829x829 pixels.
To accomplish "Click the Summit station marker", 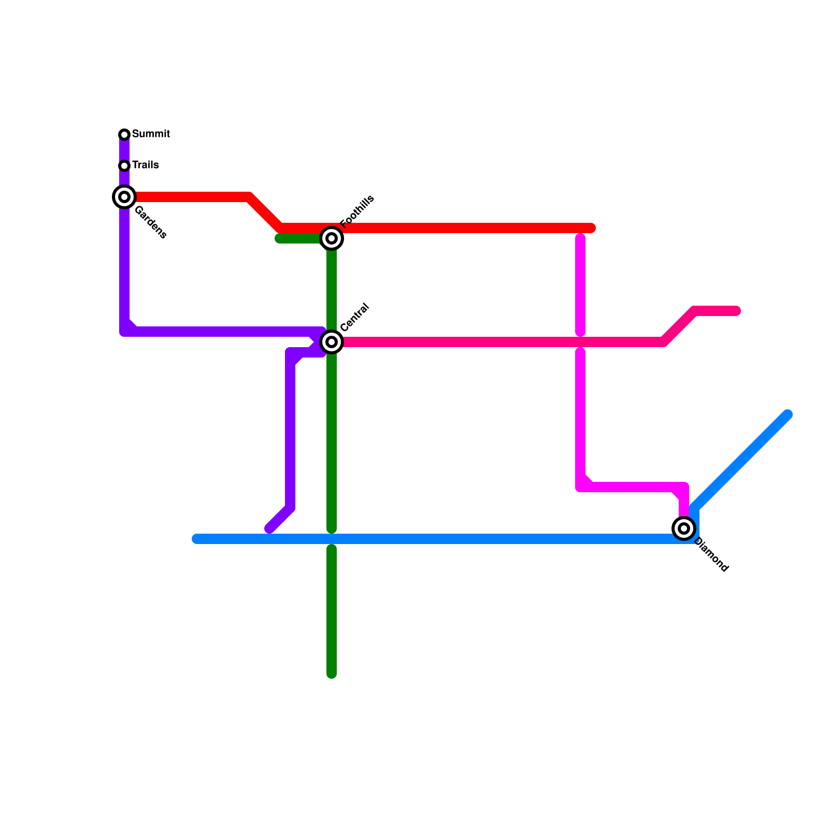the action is point(124,135).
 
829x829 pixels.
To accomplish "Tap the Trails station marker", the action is point(124,166).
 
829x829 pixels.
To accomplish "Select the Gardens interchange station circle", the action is point(124,197).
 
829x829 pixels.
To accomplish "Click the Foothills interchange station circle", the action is point(332,238).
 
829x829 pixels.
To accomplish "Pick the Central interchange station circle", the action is point(332,342).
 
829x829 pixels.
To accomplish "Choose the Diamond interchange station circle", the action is point(684,528).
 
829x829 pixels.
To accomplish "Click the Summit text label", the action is point(151,134).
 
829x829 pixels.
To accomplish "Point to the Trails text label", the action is point(145,165).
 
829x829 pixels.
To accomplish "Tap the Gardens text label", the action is point(150,222).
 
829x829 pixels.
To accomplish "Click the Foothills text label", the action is point(357,211).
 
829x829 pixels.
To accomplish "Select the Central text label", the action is point(355,317).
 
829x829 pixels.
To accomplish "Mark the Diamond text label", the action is point(711,555).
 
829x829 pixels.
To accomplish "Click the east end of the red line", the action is point(591,228).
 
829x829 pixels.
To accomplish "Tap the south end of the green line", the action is point(332,674).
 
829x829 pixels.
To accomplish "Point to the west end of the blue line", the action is point(196,539).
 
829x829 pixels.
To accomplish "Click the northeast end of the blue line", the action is point(788,414).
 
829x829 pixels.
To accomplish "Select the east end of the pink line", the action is point(736,311).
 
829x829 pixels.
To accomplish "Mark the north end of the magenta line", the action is point(580,238).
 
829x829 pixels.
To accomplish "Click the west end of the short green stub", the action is point(279,238).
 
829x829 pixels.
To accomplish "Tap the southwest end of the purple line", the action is point(269,529).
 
